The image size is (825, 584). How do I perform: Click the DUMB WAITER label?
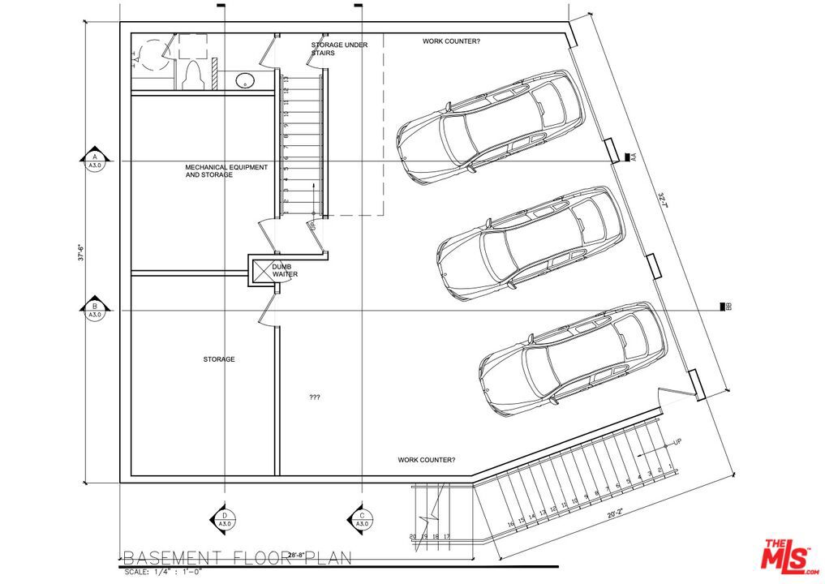coord(285,270)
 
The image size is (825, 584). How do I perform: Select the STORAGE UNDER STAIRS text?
coord(339,49)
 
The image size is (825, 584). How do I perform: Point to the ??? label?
coord(315,397)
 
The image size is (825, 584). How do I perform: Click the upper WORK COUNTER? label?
coord(451,41)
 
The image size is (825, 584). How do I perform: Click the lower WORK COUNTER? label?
coord(427,460)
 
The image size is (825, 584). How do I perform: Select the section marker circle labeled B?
coord(95,310)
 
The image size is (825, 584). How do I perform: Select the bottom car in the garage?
coord(573,359)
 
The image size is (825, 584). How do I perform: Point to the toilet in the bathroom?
coord(193,74)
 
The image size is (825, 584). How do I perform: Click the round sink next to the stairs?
coord(245,80)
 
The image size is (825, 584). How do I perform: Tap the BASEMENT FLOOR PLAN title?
coord(237,558)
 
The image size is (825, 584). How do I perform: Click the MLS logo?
coord(788,556)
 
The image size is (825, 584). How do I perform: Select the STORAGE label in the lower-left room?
coord(219,359)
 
